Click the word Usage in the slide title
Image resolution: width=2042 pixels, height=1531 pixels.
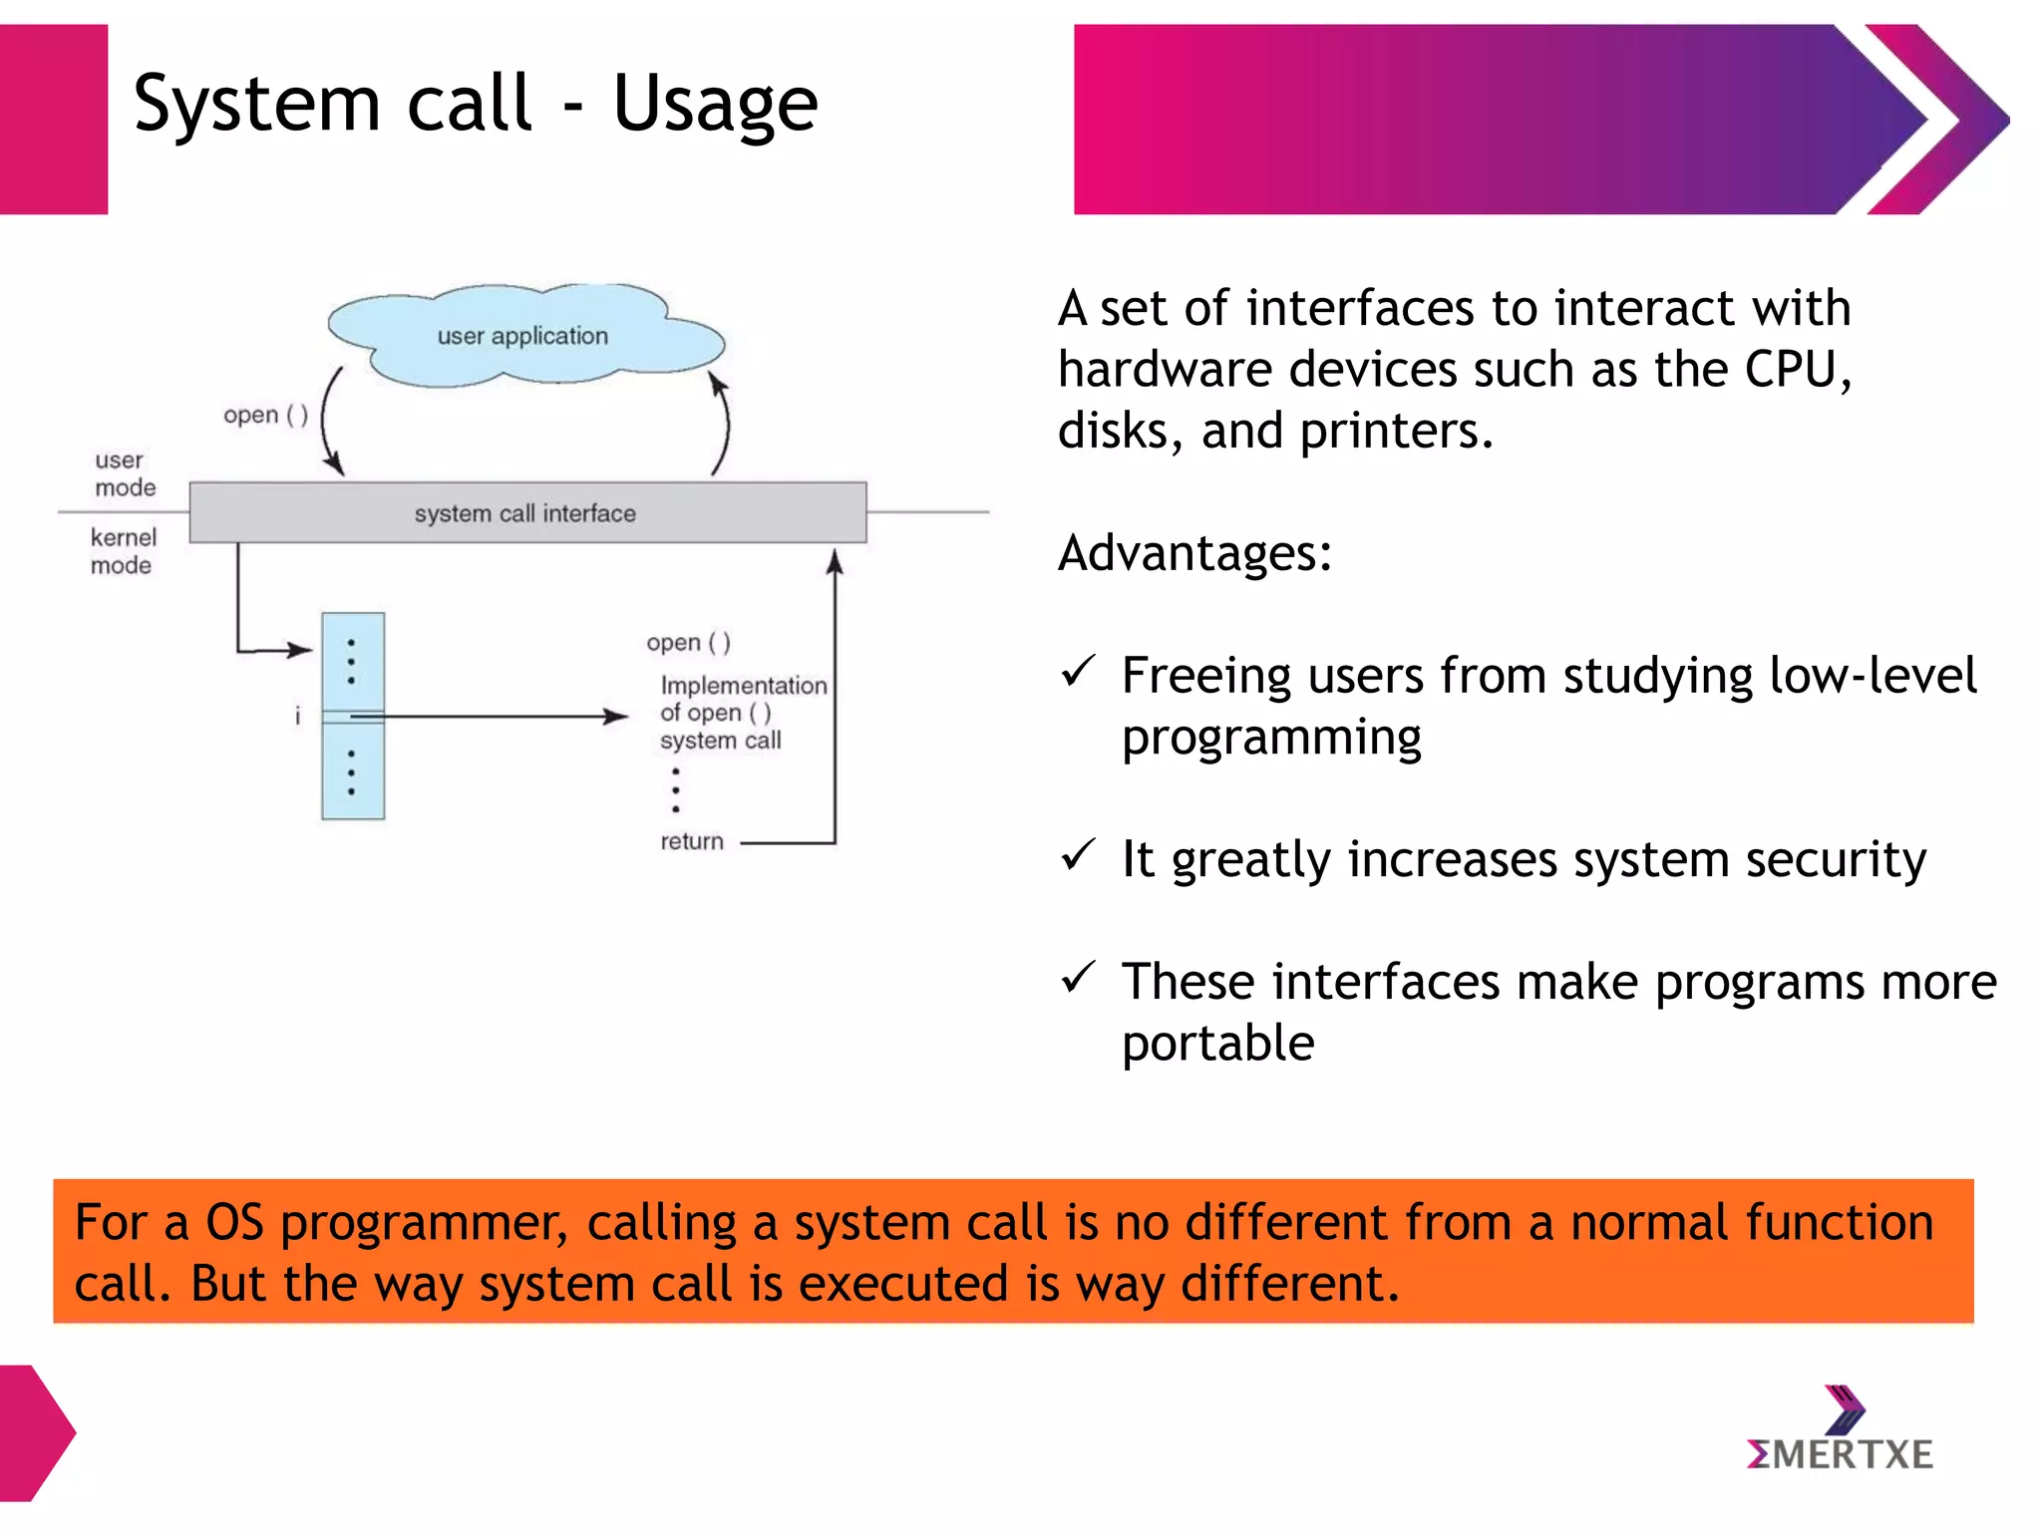point(715,104)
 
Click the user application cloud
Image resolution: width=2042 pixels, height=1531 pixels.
point(522,336)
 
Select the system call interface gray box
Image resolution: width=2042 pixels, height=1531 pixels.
point(526,512)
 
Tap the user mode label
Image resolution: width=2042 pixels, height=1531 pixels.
point(125,473)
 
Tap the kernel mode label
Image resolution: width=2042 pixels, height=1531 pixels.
point(123,551)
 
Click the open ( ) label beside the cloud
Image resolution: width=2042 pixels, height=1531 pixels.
point(265,415)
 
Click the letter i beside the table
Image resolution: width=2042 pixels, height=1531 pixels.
point(297,716)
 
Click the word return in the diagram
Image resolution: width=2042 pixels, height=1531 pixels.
point(691,841)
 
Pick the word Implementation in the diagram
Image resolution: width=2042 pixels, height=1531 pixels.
point(744,686)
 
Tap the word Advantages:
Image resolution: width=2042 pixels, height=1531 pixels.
point(1194,553)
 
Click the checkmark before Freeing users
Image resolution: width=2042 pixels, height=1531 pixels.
point(1078,672)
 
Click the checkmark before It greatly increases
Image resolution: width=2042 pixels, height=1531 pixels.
point(1078,855)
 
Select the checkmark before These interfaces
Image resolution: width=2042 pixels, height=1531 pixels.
point(1078,978)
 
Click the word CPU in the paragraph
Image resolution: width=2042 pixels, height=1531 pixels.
point(1796,370)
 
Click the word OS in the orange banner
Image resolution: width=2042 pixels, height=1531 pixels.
point(234,1222)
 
